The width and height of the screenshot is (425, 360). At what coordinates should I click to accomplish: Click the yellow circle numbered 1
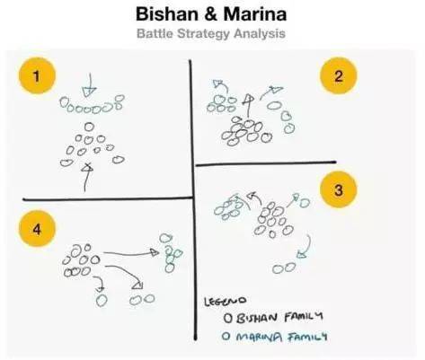[37, 76]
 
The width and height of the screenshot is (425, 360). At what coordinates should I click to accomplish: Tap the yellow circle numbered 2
[339, 76]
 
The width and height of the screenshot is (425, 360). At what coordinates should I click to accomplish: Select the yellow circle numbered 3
[339, 189]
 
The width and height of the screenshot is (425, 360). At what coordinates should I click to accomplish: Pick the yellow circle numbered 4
[37, 229]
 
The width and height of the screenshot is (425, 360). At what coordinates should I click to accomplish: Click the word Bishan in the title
[166, 14]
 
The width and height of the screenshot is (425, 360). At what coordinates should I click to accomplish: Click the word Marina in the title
[255, 14]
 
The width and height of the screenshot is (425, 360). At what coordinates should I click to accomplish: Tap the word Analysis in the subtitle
[260, 33]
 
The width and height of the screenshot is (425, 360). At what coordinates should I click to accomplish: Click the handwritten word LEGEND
[225, 301]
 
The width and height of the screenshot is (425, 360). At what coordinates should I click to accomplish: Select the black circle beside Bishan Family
[228, 318]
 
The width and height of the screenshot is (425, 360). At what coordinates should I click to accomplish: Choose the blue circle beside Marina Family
[226, 337]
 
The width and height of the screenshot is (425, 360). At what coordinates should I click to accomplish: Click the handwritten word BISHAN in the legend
[257, 318]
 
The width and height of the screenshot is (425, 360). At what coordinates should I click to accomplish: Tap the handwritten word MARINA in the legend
[259, 337]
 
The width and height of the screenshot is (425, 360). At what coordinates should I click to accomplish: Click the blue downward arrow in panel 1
[89, 84]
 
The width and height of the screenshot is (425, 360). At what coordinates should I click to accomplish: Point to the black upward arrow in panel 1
[86, 177]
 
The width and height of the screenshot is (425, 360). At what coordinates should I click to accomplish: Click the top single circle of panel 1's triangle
[89, 127]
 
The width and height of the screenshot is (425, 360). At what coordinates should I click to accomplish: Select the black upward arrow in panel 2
[248, 106]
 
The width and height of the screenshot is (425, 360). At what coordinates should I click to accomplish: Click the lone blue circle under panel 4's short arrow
[102, 300]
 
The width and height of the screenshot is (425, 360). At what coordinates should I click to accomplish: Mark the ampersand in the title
[210, 14]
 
